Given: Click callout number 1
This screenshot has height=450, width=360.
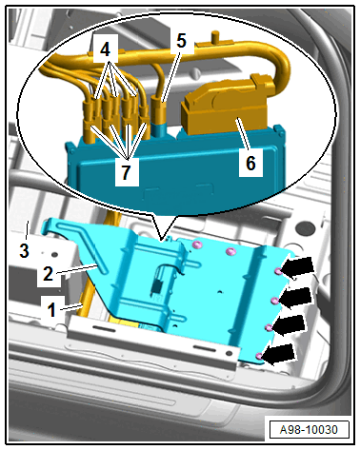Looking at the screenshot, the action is (51, 309).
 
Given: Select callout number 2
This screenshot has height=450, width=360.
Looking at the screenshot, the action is (48, 273).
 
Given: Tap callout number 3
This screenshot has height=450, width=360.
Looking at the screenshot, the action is (24, 250).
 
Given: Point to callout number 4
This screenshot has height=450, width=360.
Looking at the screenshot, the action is (105, 49).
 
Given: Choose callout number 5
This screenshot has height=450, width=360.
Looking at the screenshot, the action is (181, 41).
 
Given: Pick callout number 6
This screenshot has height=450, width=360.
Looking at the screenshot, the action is (250, 163).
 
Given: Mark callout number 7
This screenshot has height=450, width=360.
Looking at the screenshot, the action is (126, 172).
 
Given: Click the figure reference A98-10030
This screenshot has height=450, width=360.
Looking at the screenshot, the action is (309, 430).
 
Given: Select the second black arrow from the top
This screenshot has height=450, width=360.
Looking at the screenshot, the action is (295, 297).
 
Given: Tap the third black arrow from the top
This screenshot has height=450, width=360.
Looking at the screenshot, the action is (290, 325).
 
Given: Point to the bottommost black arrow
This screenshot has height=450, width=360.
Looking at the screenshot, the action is (280, 354).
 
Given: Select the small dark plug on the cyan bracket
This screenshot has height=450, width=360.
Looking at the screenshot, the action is (156, 287).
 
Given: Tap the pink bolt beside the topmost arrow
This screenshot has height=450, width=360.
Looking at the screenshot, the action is (278, 271).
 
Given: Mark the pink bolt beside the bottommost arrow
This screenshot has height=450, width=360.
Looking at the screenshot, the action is (259, 356).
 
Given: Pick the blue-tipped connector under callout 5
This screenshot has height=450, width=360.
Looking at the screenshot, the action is (159, 116).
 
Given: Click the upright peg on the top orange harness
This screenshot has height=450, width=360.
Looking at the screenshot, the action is (215, 36).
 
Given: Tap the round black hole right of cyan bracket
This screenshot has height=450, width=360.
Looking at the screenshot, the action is (304, 229).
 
